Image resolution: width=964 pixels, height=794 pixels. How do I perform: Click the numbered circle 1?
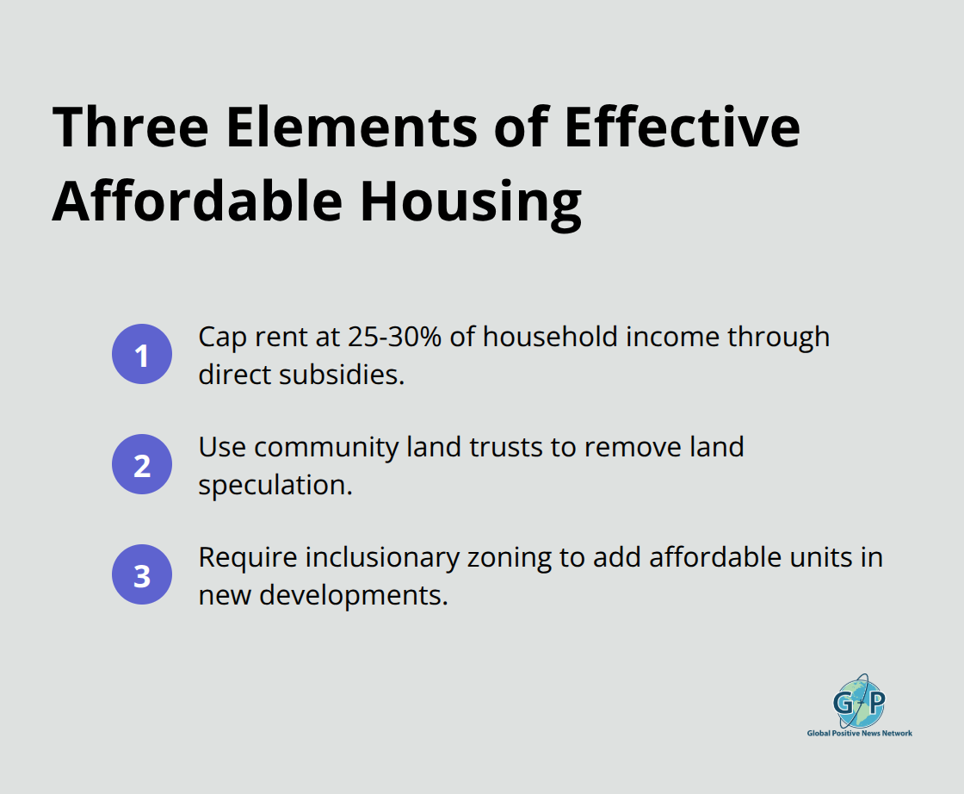pos(142,354)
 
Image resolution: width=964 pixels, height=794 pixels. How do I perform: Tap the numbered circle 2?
pos(142,464)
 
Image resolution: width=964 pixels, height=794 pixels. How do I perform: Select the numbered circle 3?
pos(142,574)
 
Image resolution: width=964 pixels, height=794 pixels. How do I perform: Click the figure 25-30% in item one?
pos(396,337)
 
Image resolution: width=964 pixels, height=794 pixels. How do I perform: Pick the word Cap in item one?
pos(220,337)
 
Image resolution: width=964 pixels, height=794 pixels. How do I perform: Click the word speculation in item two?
pos(275,485)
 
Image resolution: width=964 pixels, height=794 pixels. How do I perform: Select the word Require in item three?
pos(246,557)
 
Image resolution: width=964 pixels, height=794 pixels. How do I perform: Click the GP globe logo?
pos(858,701)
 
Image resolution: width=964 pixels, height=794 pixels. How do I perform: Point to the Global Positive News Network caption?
pos(859,734)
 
